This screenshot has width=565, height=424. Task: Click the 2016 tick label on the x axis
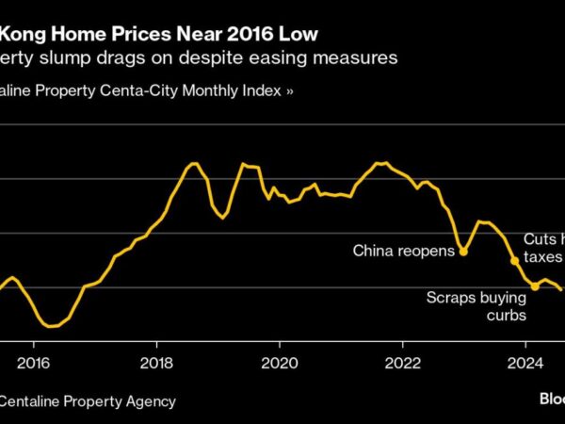pos(33,363)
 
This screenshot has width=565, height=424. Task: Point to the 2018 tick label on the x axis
pos(156,363)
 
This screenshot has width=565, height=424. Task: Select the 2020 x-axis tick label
pos(280,363)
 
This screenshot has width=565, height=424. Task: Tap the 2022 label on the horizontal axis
pos(403,363)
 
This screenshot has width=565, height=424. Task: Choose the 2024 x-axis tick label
pos(525,363)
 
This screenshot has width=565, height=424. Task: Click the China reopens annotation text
pos(402,251)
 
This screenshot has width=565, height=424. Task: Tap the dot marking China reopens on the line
pos(462,252)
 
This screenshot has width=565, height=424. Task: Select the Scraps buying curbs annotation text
pos(476,306)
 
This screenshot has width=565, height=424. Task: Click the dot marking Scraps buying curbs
pos(535,285)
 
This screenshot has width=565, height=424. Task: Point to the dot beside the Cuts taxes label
pos(514,260)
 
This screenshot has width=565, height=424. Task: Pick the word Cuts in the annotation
pos(541,240)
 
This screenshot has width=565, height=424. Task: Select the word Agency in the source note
pos(151,401)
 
